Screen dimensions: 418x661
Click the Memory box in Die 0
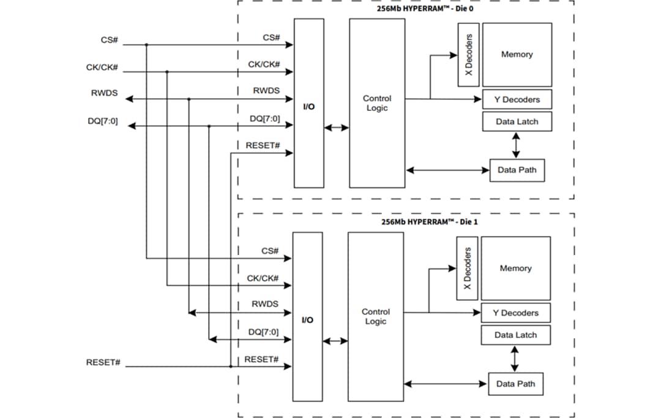point(517,55)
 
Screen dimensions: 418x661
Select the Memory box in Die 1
point(515,268)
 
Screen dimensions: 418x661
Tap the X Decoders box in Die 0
point(468,55)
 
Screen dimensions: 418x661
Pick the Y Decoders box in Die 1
point(515,313)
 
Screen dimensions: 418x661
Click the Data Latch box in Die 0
point(517,121)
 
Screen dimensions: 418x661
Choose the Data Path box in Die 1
point(515,384)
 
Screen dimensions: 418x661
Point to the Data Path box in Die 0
point(517,170)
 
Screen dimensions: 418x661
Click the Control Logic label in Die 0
point(376,103)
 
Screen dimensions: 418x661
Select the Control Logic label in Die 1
point(375,317)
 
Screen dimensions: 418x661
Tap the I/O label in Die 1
point(308,320)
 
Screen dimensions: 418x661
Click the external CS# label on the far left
point(109,40)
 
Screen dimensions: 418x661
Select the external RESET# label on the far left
point(103,363)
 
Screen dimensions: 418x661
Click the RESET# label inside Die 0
point(263,146)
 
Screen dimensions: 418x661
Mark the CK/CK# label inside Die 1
point(263,278)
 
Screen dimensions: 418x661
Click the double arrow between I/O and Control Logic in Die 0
point(337,127)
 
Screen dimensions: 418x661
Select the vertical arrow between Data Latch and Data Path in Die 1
point(515,359)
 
